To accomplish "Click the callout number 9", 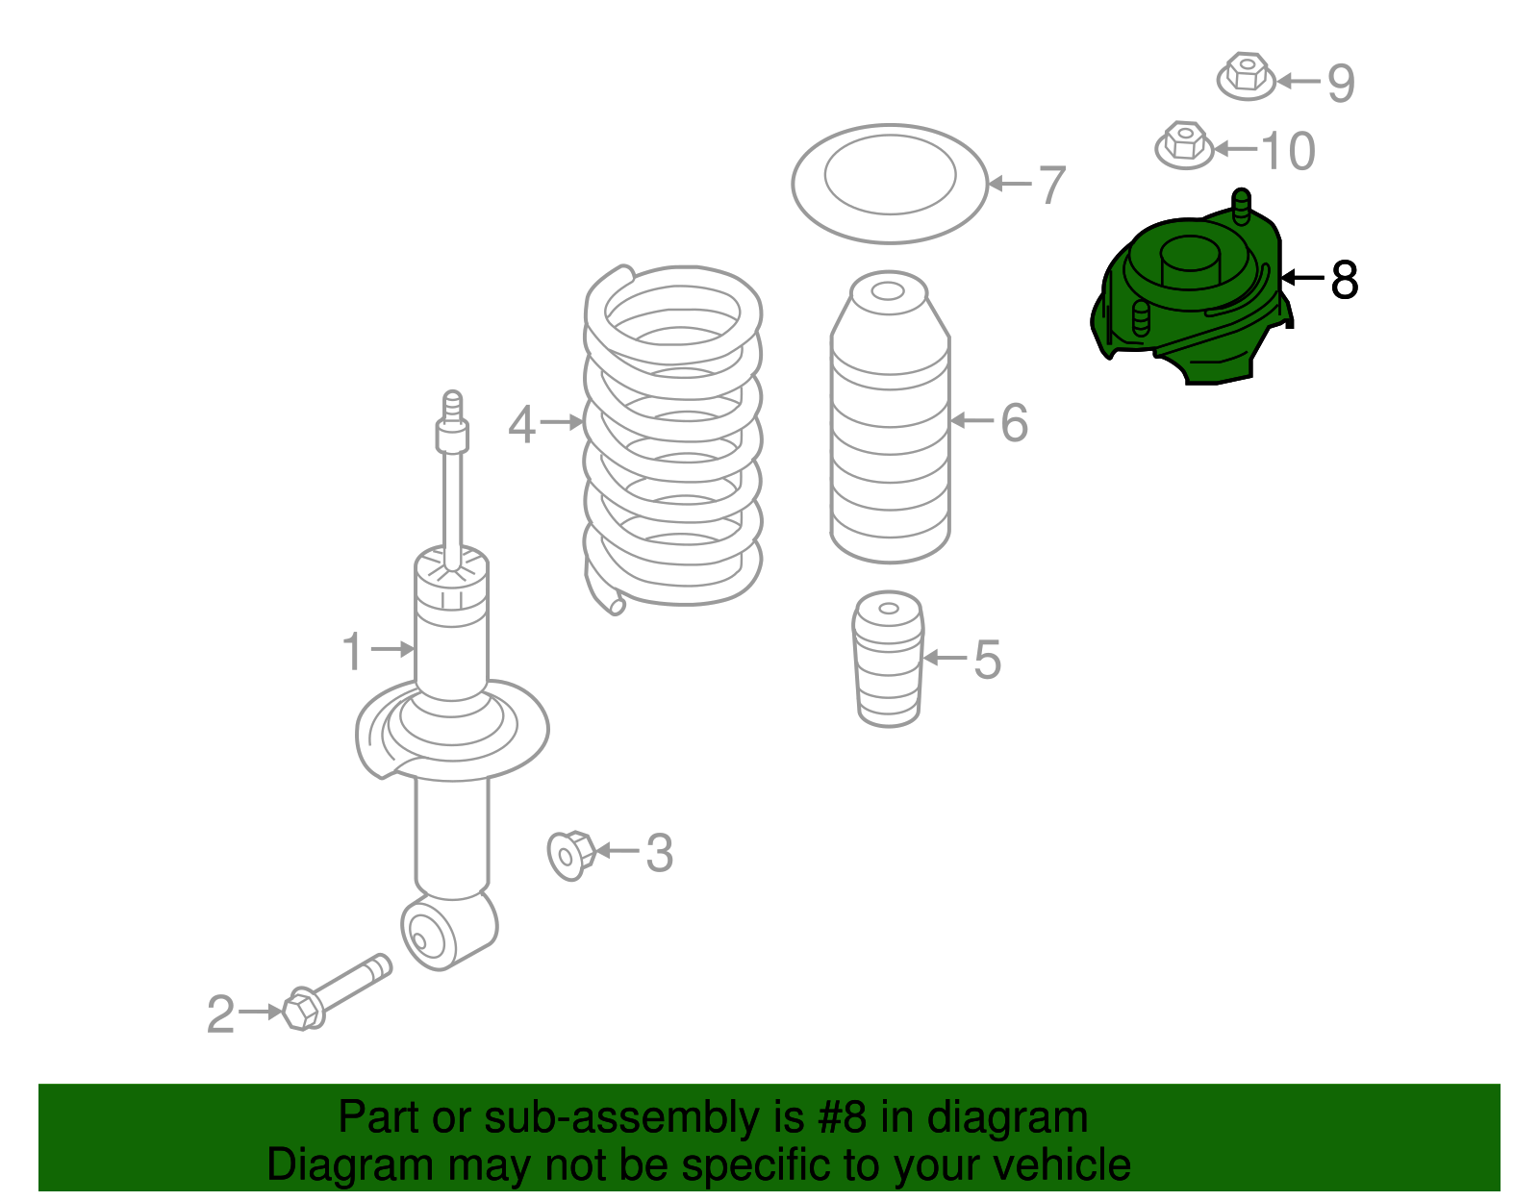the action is point(1341,84).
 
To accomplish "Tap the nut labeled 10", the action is point(1183,146).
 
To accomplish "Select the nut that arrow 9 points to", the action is point(1246,76).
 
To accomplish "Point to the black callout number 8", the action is point(1345,280).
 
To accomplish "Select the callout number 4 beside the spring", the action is point(522,425).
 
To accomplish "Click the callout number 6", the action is point(1014,422).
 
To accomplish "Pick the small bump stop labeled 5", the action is point(889,659).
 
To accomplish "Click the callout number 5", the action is point(987,660).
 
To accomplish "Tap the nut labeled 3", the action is point(570,856).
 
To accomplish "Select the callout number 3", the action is point(660,854).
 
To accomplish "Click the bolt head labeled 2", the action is point(303,1011).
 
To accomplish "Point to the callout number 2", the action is point(220,1013).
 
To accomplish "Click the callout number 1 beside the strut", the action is point(353,651).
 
